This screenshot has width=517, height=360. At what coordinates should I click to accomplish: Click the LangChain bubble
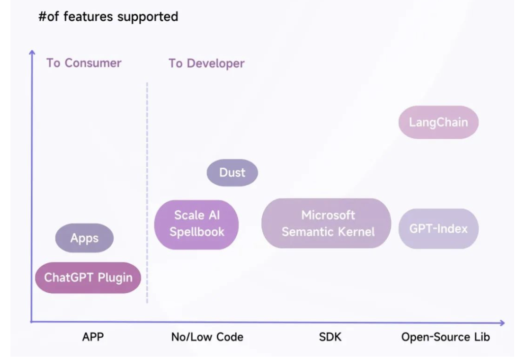tap(438, 122)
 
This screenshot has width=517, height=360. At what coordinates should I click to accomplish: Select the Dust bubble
tap(232, 172)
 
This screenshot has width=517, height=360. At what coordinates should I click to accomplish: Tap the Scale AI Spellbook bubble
tap(196, 225)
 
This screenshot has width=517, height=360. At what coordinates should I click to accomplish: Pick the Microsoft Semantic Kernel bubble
tap(326, 223)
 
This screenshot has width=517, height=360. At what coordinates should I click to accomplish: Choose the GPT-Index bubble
tap(438, 228)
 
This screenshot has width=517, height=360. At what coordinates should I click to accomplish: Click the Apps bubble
tap(84, 238)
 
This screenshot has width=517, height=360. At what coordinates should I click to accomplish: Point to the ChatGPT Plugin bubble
tap(88, 278)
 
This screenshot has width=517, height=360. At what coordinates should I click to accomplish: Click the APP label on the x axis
tap(93, 337)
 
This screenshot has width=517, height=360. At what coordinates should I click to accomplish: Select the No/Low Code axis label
tap(207, 337)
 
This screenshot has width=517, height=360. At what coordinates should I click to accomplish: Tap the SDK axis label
tap(330, 337)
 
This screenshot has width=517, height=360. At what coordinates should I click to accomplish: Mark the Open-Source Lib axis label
tap(446, 337)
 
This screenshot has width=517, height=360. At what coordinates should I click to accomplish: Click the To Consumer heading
tap(84, 63)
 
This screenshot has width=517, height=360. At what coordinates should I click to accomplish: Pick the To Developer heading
tap(207, 63)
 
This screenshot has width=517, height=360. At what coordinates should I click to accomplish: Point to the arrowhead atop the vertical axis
tap(32, 52)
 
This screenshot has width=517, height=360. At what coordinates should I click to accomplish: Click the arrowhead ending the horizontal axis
tap(502, 323)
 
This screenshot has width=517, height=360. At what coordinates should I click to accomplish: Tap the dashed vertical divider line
tap(147, 192)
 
